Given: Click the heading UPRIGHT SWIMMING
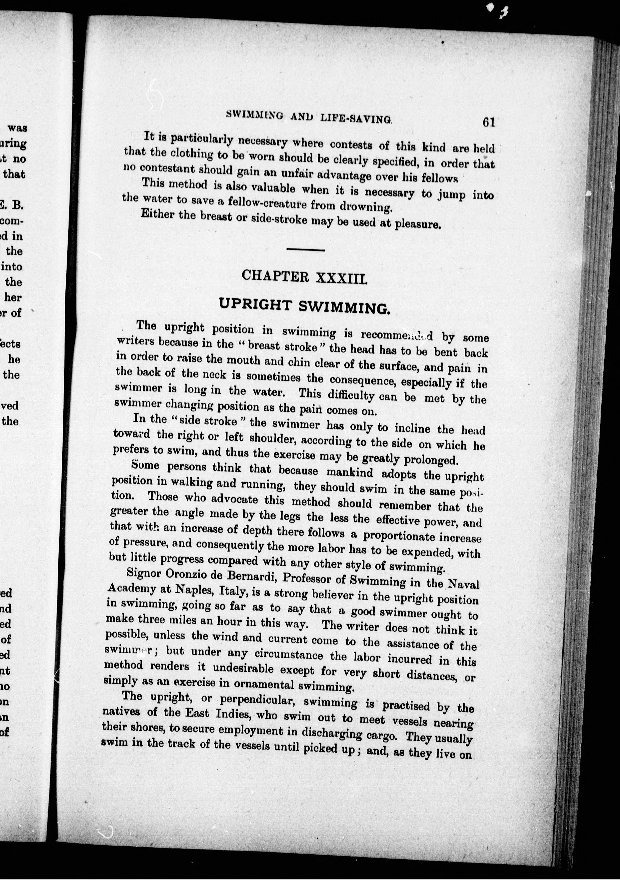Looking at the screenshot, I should [304, 306].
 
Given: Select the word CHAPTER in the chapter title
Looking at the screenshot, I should [275, 276].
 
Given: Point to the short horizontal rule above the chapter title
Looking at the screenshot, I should [306, 250].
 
